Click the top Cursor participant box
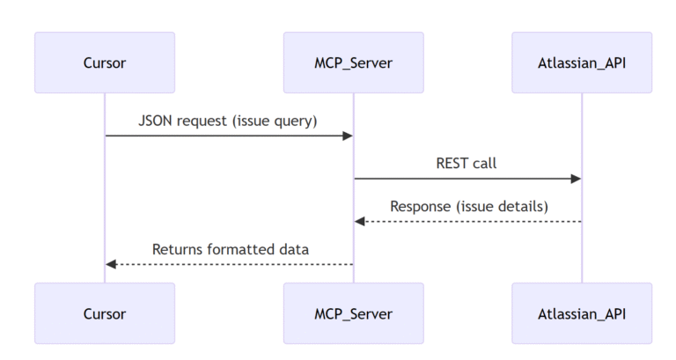coord(105,62)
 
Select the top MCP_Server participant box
coord(353,62)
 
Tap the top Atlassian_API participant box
coord(582,62)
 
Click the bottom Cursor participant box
coord(105,312)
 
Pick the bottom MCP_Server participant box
coord(353,312)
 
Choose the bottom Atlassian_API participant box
coord(582,312)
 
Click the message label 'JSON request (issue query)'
coord(228,121)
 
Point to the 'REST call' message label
coord(467,164)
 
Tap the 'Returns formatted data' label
coord(230,249)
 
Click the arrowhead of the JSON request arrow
coord(348,136)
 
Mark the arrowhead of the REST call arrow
coord(577,179)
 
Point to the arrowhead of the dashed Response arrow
coord(359,221)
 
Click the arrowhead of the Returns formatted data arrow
coord(111,264)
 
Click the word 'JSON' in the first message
coord(155,121)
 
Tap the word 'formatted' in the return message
coord(242,249)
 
